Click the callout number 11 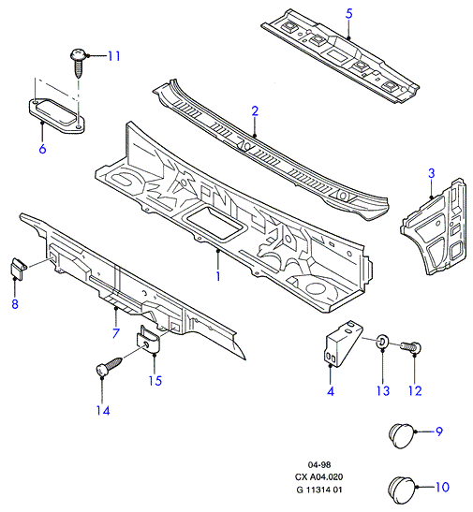coord(114,56)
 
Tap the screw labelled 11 coord(79,63)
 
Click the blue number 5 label coord(348,14)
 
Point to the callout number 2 coord(255,111)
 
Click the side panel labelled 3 coord(434,227)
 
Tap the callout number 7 coord(116,333)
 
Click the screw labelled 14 coord(109,366)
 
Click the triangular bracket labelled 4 coord(343,343)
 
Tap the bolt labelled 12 coord(411,346)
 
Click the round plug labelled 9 coord(402,435)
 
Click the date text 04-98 coord(319,464)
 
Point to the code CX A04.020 coord(318,477)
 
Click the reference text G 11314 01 coord(318,490)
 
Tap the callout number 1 coord(218,276)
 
